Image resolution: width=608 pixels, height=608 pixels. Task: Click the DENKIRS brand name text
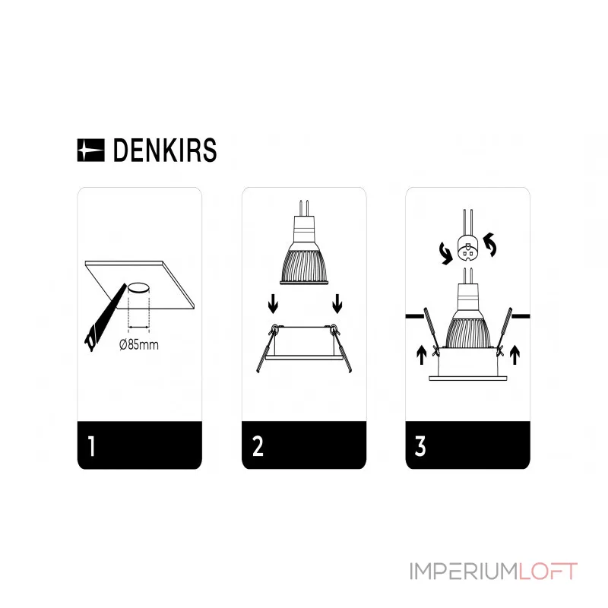[x=164, y=150]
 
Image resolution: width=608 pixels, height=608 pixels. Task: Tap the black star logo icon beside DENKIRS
[x=92, y=150]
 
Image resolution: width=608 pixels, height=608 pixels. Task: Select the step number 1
[x=91, y=446]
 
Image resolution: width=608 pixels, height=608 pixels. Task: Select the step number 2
[x=258, y=446]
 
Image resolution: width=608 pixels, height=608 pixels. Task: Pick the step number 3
[x=421, y=446]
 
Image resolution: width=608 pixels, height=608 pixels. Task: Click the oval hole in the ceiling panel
[x=139, y=288]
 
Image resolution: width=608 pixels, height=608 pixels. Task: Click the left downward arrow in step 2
[x=271, y=306]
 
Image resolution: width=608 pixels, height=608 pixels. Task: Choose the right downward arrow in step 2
[x=337, y=306]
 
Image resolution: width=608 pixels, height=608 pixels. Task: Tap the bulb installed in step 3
[x=468, y=319]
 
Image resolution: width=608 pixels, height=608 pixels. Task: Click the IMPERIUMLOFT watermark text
[x=494, y=571]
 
